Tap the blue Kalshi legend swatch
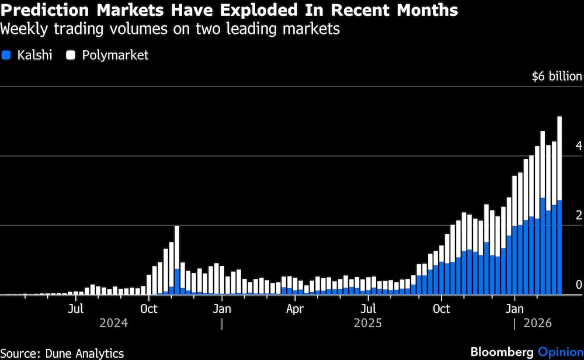pyautogui.click(x=7, y=56)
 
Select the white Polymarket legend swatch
pyautogui.click(x=71, y=56)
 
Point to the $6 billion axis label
pyautogui.click(x=557, y=76)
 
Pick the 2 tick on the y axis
pyautogui.click(x=578, y=215)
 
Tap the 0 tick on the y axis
pyautogui.click(x=578, y=285)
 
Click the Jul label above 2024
pyautogui.click(x=75, y=309)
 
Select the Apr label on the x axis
pyautogui.click(x=295, y=309)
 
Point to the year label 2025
pyautogui.click(x=368, y=323)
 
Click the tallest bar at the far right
pyautogui.click(x=559, y=205)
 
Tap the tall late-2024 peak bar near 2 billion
pyautogui.click(x=177, y=260)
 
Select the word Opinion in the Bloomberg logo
pyautogui.click(x=560, y=352)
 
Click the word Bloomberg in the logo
pyautogui.click(x=502, y=352)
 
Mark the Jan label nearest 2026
pyautogui.click(x=515, y=309)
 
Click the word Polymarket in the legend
pyautogui.click(x=115, y=56)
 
